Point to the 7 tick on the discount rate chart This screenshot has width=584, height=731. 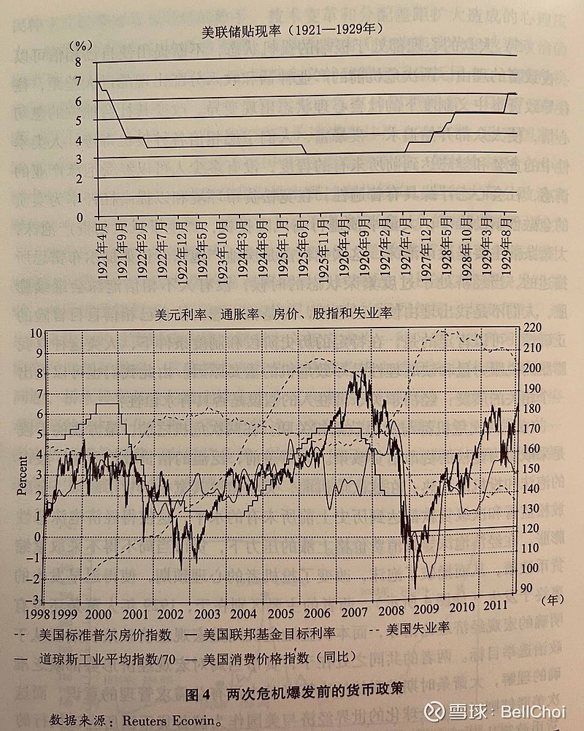[x=80, y=82]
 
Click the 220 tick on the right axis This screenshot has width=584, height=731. [x=532, y=328]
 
